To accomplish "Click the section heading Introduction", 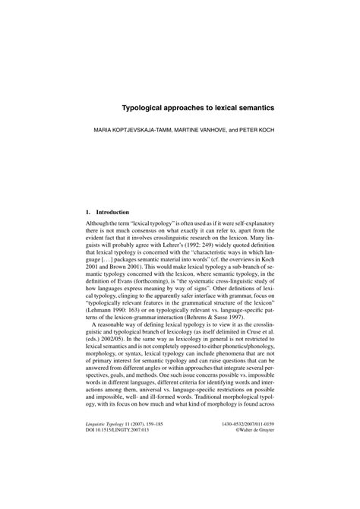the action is (112, 211).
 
